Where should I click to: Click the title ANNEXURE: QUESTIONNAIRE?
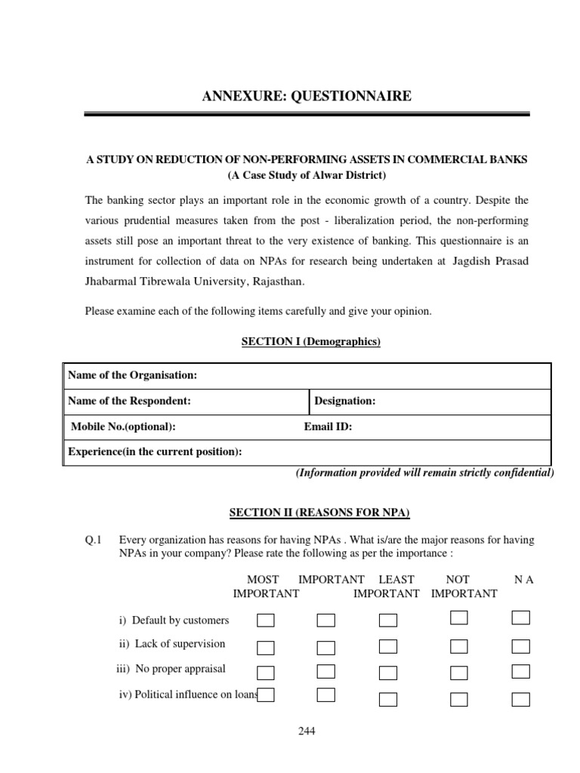pyautogui.click(x=307, y=96)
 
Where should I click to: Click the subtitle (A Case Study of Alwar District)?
pyautogui.click(x=307, y=176)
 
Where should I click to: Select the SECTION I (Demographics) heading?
pyautogui.click(x=310, y=342)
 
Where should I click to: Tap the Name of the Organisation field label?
pyautogui.click(x=132, y=375)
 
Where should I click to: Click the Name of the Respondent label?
pyautogui.click(x=129, y=401)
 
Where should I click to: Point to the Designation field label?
pyautogui.click(x=344, y=401)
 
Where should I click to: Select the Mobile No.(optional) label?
pyautogui.click(x=123, y=427)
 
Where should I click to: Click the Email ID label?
pyautogui.click(x=328, y=427)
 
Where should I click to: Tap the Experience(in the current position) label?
pyautogui.click(x=155, y=451)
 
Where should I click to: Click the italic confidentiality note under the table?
pyautogui.click(x=424, y=473)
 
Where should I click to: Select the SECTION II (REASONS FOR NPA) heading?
pyautogui.click(x=319, y=513)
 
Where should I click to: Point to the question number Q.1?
pyautogui.click(x=94, y=540)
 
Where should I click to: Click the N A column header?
pyautogui.click(x=523, y=579)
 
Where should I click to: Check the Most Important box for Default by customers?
pyautogui.click(x=266, y=621)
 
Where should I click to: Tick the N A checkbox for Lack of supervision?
pyautogui.click(x=520, y=646)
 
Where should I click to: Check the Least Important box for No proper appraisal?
pyautogui.click(x=388, y=672)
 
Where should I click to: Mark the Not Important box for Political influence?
pyautogui.click(x=458, y=698)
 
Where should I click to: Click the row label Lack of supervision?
pyautogui.click(x=172, y=644)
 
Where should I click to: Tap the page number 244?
pyautogui.click(x=307, y=731)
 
